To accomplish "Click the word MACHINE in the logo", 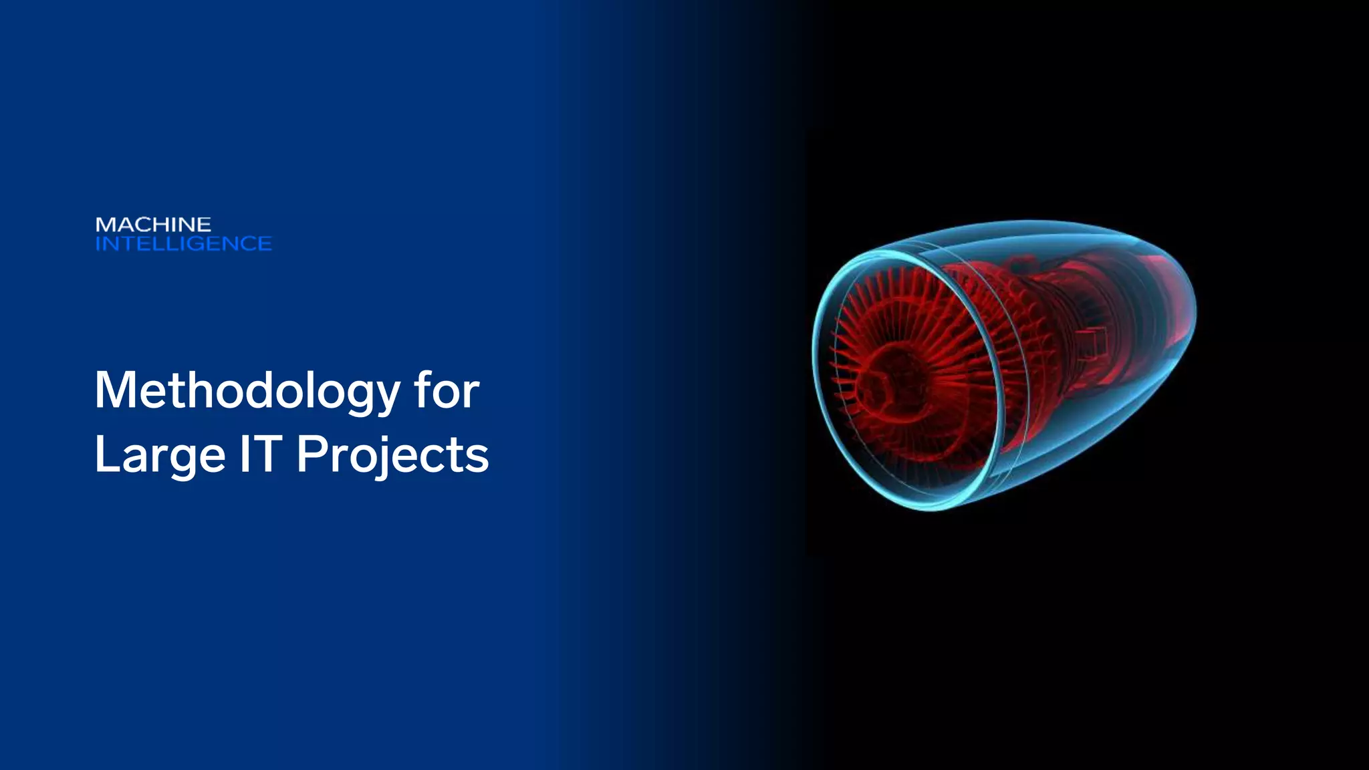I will (153, 225).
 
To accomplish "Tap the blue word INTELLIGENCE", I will (183, 244).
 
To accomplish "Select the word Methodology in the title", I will (247, 391).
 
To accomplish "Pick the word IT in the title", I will (261, 455).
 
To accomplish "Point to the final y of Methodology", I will (386, 397).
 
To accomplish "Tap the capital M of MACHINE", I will (104, 225).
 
